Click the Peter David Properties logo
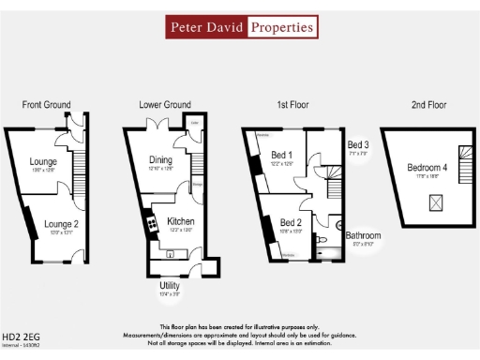[241, 27]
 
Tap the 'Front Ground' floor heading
[47, 104]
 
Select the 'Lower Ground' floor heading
[165, 104]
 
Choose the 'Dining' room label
[160, 160]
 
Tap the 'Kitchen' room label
[180, 222]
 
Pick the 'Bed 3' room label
[358, 145]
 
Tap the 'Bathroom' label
[362, 235]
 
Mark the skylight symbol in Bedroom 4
[436, 201]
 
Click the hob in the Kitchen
[149, 224]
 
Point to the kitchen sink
[170, 252]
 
